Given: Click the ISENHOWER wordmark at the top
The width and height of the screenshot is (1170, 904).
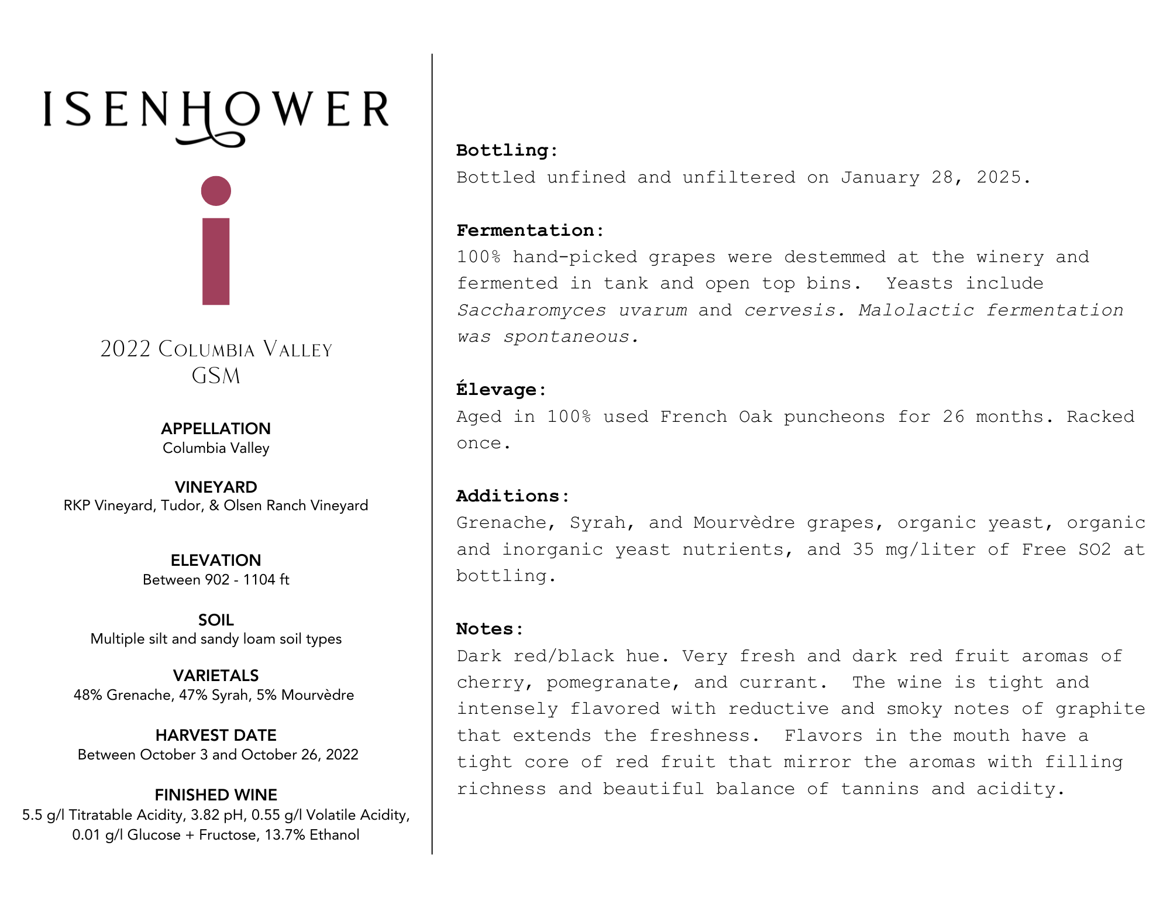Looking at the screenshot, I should click(216, 110).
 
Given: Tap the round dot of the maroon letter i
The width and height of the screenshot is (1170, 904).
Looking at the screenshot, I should click(216, 191).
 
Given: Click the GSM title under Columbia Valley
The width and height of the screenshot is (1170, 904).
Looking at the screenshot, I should click(216, 376).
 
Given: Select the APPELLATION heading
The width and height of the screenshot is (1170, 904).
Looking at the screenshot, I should click(216, 429).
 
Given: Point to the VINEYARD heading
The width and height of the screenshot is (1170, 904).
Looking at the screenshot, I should click(216, 487).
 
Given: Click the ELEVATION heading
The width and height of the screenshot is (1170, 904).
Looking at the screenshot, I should click(216, 560).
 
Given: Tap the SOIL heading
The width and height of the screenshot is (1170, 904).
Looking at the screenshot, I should click(216, 620).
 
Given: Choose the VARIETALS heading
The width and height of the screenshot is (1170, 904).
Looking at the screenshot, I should click(216, 675).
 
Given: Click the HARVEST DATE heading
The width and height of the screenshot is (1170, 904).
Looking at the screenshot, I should click(216, 735).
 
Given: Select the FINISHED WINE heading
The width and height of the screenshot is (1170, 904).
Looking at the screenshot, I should click(216, 795).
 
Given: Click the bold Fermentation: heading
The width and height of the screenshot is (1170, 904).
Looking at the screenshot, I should click(530, 231).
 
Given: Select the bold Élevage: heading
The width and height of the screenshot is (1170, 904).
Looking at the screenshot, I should click(501, 390).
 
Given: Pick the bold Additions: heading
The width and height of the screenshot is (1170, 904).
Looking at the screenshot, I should click(512, 496).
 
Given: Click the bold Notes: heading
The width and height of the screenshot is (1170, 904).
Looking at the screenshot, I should click(490, 629).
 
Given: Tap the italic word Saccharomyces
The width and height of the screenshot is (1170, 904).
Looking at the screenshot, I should click(531, 310).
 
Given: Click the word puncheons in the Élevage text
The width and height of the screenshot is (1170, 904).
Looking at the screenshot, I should click(834, 417).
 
